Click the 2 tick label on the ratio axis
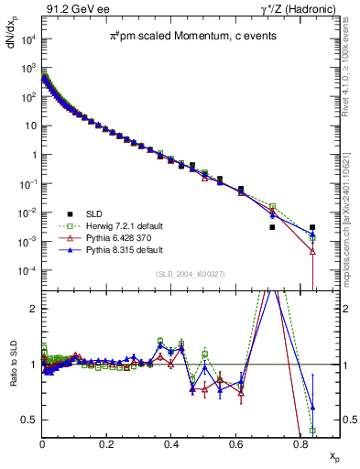pos(33,309)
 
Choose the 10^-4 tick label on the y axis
pos(27,271)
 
